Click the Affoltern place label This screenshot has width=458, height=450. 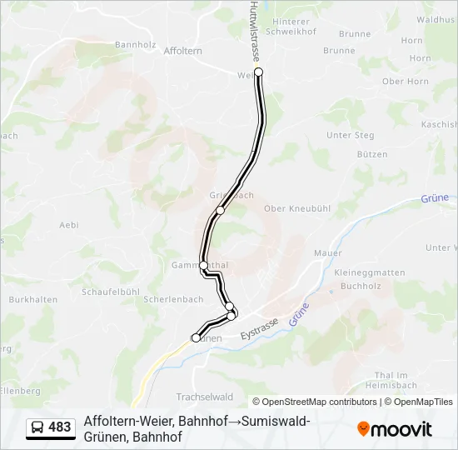(183, 51)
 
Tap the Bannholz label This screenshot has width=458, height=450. (136, 44)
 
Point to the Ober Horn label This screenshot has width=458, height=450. (405, 82)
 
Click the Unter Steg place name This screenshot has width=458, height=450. (351, 135)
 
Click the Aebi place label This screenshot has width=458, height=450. (69, 225)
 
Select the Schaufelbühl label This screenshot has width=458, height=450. (110, 292)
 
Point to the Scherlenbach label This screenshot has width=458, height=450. (173, 298)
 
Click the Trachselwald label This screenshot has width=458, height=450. (204, 397)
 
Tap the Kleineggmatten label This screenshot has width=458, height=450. (369, 272)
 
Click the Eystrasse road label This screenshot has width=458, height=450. (259, 329)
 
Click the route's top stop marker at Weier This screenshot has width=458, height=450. (258, 72)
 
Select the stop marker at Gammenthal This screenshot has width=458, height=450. (203, 265)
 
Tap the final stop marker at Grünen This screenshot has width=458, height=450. (196, 337)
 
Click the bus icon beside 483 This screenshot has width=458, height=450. (38, 427)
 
